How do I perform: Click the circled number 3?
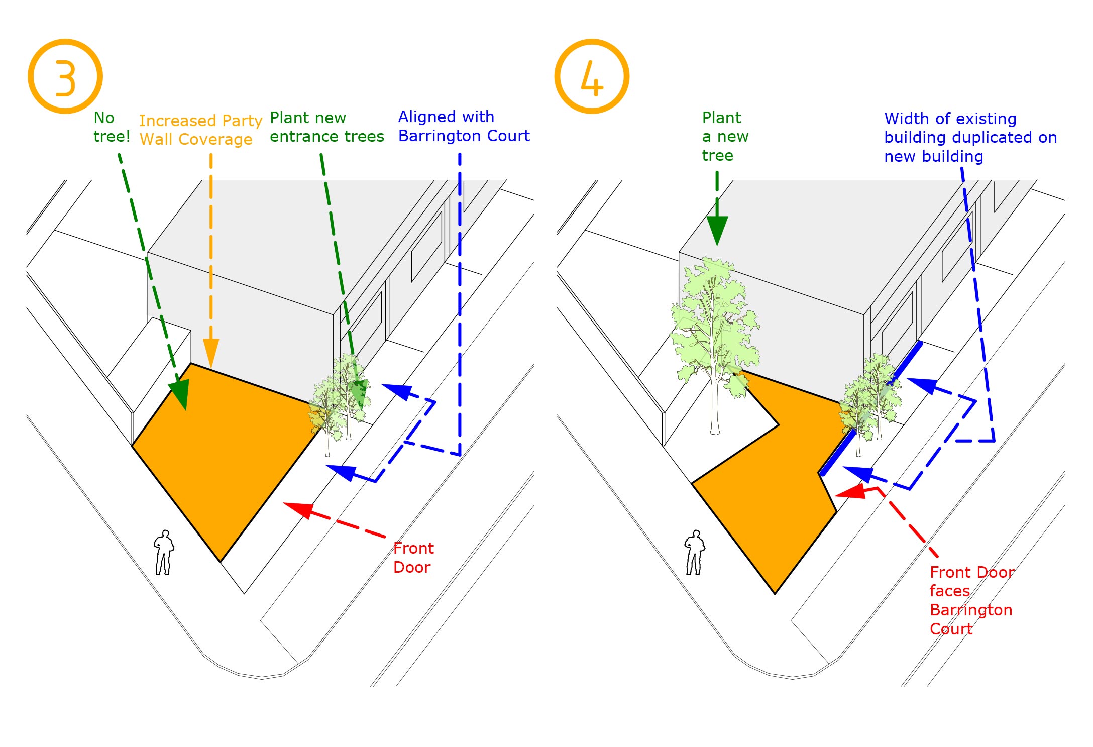click(65, 76)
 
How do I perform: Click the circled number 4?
click(592, 76)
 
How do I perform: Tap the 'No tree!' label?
click(112, 127)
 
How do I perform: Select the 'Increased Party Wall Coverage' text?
click(201, 130)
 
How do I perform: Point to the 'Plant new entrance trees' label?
click(327, 127)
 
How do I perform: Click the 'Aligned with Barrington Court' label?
click(464, 126)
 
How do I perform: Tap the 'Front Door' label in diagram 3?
click(413, 558)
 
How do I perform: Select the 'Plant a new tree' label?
click(725, 136)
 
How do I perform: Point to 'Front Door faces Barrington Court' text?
click(972, 600)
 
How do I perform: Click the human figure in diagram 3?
click(164, 553)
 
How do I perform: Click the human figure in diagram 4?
click(695, 553)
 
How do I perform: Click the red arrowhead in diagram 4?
click(851, 491)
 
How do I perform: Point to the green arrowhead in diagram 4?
click(717, 230)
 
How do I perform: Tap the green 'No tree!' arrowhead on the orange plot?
click(180, 393)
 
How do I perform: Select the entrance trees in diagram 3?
click(339, 402)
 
